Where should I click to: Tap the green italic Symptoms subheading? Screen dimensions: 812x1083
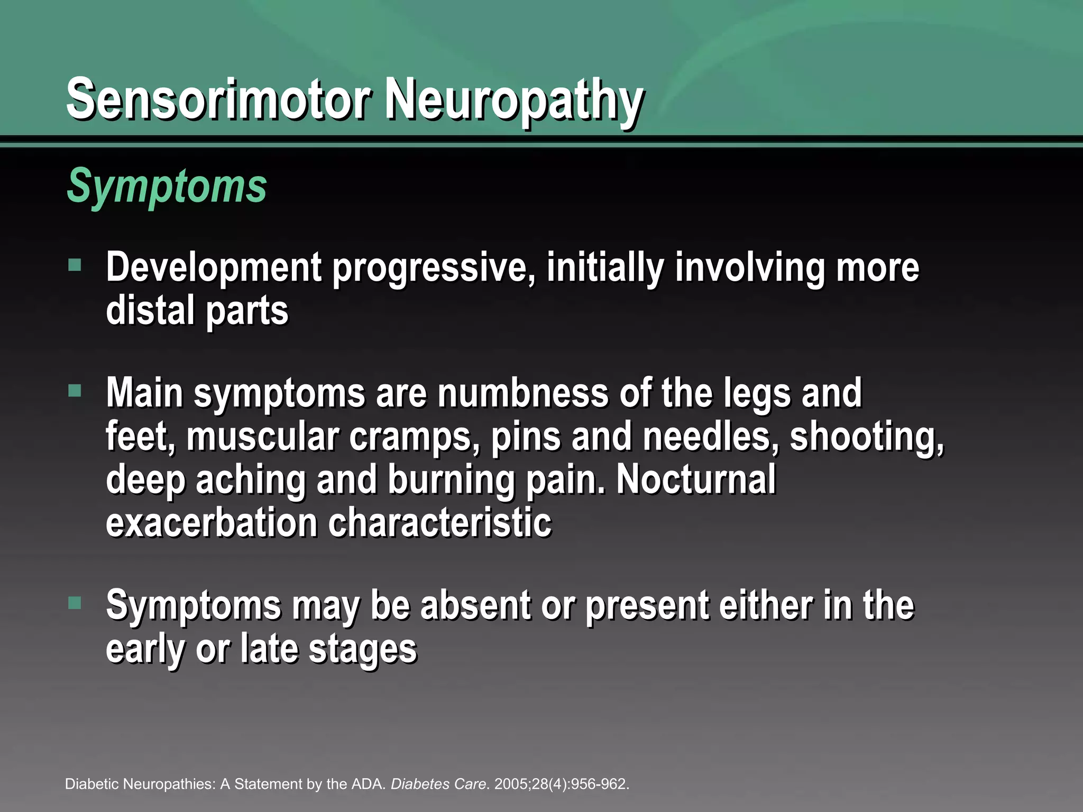click(167, 186)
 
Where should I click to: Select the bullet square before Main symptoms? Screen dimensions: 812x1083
click(75, 391)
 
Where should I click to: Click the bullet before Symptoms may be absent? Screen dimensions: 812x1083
click(75, 603)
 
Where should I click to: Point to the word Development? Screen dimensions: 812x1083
click(214, 268)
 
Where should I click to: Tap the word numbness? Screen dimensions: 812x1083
click(523, 394)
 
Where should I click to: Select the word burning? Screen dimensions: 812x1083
click(451, 481)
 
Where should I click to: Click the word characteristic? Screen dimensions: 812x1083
click(440, 523)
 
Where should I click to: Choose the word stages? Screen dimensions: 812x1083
click(363, 649)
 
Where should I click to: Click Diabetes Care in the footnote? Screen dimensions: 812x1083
click(438, 784)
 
